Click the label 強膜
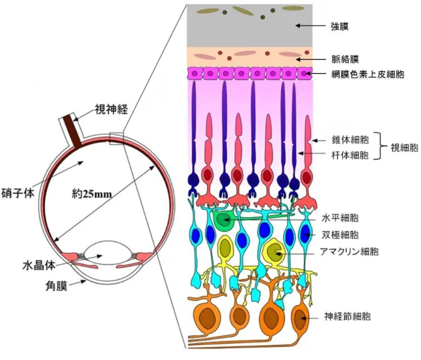[340, 27]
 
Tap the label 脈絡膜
[346, 59]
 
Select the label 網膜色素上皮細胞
[368, 74]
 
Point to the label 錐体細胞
[351, 140]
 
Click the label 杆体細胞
[351, 155]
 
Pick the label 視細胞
[404, 147]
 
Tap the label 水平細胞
[340, 218]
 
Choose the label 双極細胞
[340, 235]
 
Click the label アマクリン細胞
[349, 251]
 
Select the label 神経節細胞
[347, 316]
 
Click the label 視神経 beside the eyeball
[111, 109]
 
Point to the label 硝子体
[18, 193]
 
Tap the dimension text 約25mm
[92, 193]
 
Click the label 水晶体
[39, 265]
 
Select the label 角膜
[56, 286]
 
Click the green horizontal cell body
[223, 220]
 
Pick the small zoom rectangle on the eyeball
[117, 139]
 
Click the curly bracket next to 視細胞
[382, 146]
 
